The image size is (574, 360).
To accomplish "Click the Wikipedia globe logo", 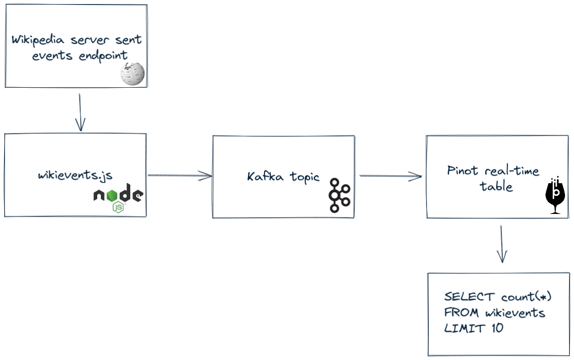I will pyautogui.click(x=133, y=73).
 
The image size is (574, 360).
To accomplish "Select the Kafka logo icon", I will pyautogui.click(x=339, y=195).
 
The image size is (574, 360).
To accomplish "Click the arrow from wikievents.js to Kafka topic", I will pyautogui.click(x=180, y=175).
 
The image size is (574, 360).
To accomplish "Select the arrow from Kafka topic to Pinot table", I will pyautogui.click(x=390, y=176).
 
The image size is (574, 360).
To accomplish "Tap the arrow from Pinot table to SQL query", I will pyautogui.click(x=501, y=244).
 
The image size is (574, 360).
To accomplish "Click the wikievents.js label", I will pyautogui.click(x=76, y=175).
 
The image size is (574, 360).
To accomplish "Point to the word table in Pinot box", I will pyautogui.click(x=496, y=186).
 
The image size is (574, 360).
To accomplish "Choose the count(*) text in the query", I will pyautogui.click(x=527, y=297).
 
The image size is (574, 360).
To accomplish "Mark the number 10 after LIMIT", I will pyautogui.click(x=497, y=328).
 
